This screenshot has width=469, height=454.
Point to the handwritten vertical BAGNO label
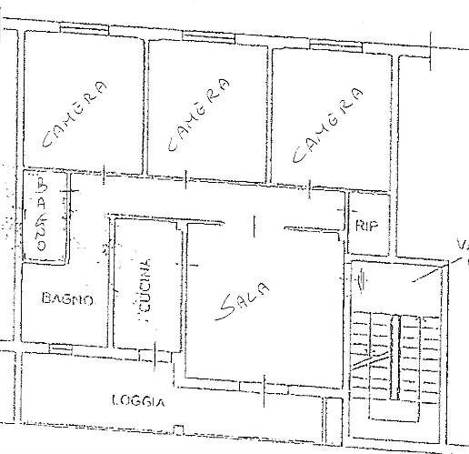42,217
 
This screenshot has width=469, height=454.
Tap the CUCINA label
144,287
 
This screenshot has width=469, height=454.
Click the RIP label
366,226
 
